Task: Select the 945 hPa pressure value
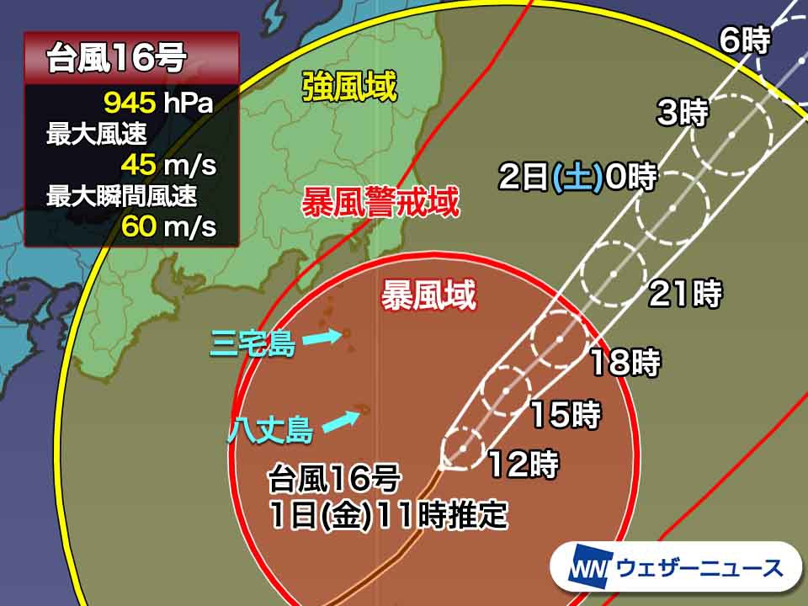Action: click(x=158, y=104)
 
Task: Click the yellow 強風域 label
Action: click(x=350, y=87)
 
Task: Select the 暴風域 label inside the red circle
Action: click(x=428, y=295)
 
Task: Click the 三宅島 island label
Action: click(x=253, y=344)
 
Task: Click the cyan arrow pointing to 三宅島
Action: click(x=321, y=338)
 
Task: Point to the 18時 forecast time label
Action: click(x=624, y=363)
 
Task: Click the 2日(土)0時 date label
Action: click(x=577, y=178)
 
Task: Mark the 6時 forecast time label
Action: click(x=745, y=40)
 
